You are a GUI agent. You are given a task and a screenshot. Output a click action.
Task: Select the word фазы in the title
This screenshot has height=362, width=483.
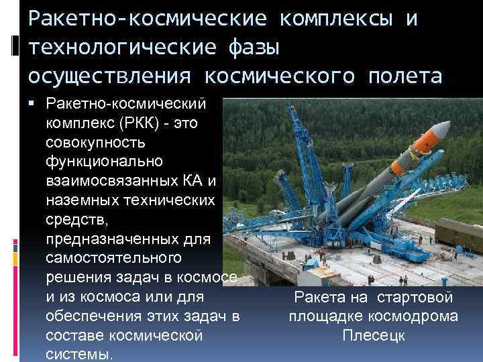click(x=248, y=48)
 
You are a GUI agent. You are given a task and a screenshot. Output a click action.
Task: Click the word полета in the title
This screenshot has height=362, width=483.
click(x=401, y=76)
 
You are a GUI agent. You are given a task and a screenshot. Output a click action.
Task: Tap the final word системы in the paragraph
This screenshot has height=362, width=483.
click(x=79, y=353)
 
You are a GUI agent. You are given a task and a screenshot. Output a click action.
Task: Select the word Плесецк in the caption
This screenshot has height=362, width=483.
click(x=373, y=335)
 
